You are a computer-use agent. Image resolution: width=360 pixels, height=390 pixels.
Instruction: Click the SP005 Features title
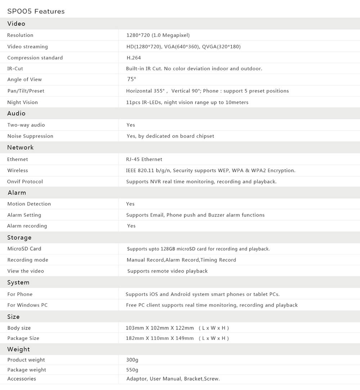point(36,11)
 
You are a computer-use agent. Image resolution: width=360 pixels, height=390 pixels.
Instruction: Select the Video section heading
point(16,23)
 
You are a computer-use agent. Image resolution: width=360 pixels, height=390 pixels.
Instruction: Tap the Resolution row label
point(20,35)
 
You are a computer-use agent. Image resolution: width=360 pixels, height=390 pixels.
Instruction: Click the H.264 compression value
point(134,58)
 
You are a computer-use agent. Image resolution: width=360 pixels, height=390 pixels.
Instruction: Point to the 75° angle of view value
point(131,79)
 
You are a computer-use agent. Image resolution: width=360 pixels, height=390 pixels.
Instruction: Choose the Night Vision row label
point(22,102)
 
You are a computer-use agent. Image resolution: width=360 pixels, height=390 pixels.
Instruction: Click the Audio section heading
point(16,113)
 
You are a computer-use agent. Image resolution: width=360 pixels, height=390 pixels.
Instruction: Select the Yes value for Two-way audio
point(131,125)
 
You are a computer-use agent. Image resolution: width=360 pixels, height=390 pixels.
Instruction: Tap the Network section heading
point(20,147)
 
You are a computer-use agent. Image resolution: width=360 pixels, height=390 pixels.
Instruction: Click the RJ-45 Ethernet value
point(144,159)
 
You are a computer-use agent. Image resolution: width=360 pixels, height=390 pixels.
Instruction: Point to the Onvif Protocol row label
point(25,182)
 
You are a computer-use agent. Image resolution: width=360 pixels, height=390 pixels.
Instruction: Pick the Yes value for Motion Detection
point(130,204)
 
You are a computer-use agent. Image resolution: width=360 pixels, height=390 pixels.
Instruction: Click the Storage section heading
point(19,238)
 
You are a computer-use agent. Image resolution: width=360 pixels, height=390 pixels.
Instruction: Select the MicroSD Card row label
point(24,249)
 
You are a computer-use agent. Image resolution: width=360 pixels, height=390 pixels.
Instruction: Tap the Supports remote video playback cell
point(167,271)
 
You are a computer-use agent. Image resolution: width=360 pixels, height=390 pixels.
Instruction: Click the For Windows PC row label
point(27,305)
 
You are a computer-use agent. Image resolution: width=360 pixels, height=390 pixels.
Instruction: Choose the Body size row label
point(19,328)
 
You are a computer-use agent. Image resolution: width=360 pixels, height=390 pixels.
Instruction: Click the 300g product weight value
point(132,360)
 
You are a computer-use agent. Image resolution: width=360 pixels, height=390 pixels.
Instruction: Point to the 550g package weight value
point(132,370)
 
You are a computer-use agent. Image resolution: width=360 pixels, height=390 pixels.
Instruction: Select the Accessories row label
point(22,379)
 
